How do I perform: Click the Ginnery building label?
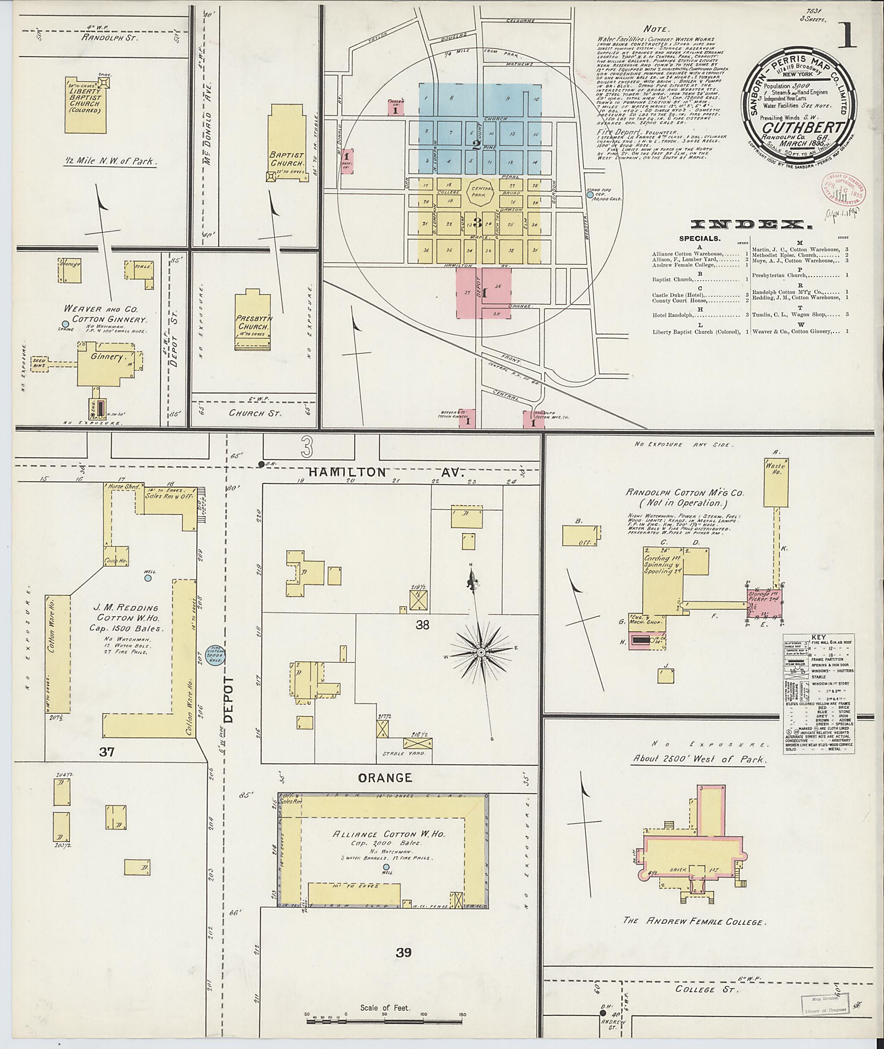point(107,357)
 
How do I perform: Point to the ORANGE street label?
point(385,778)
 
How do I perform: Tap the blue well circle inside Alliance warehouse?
point(385,866)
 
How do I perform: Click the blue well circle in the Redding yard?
point(148,578)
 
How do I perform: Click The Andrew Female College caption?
point(693,921)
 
